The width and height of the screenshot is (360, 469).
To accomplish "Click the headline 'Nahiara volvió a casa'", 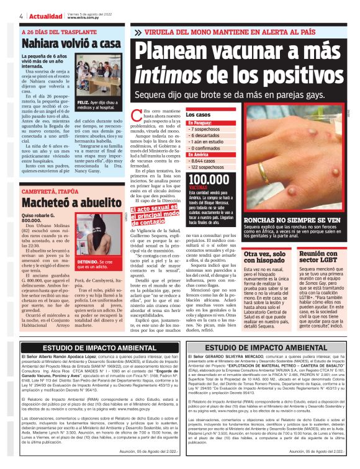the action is [71, 44].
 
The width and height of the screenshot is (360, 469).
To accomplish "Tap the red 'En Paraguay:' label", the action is [201, 123].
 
